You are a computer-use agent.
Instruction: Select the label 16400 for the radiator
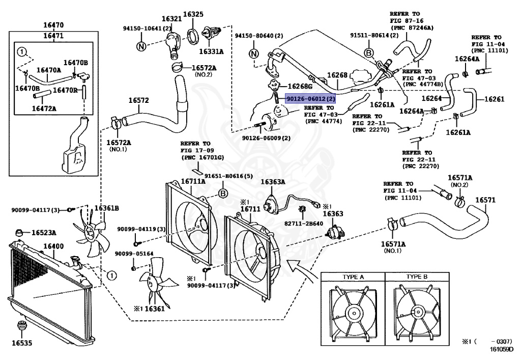[53, 246]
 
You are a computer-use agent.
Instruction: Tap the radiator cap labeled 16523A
[20, 232]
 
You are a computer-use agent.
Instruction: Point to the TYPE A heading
[353, 277]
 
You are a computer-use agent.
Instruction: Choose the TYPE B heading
[417, 276]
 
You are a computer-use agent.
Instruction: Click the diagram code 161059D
[501, 349]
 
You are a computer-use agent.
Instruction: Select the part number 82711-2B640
[304, 224]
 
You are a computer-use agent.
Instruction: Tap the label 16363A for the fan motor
[273, 182]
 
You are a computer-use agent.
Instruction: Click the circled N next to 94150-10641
[141, 46]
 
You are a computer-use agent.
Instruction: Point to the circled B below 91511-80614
[369, 52]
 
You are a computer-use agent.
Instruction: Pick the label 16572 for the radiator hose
[138, 100]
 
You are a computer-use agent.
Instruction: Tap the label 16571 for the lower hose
[485, 200]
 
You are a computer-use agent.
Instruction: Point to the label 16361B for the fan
[107, 208]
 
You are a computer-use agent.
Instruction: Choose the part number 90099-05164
[134, 254]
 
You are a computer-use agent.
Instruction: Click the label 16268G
[300, 87]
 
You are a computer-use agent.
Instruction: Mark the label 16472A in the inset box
[44, 108]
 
